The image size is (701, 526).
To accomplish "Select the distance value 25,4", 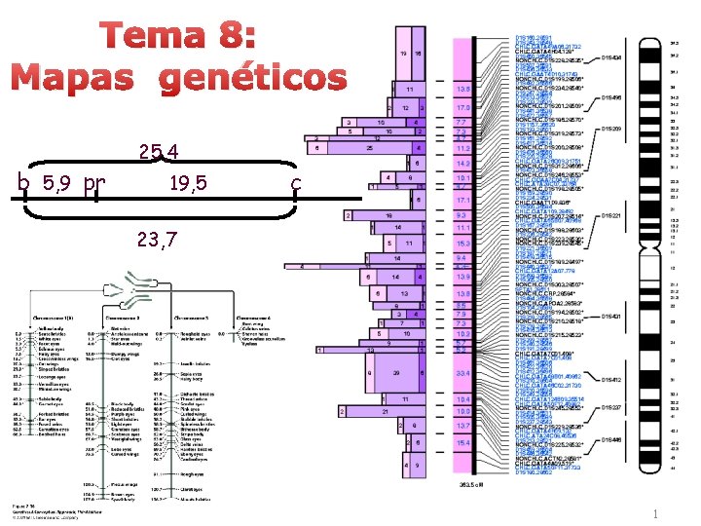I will pos(159,153).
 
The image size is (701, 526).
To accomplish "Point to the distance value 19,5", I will pos(186,183).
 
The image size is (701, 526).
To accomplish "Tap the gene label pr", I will pos(94,183).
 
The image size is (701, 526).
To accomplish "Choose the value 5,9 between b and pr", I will pos(60,183).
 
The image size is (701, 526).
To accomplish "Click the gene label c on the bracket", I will pos(296,183).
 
